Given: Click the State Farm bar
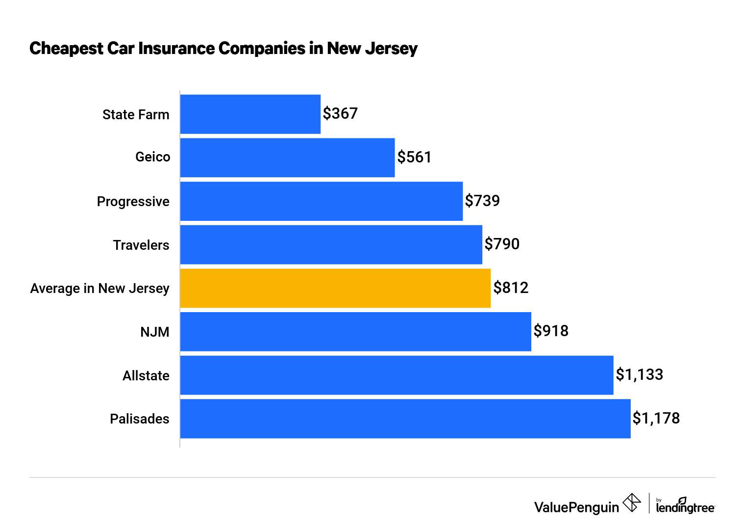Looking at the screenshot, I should coord(250,114).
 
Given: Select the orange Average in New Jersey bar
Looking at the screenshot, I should coord(335,288).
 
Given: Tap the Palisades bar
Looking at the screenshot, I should coord(405,419).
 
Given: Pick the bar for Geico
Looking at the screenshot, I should coord(287,158).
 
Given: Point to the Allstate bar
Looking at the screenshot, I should coord(397,375).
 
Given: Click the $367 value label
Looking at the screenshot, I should coord(340,113).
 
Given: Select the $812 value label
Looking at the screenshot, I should coord(511,288).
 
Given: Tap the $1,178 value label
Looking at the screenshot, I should coord(656,418).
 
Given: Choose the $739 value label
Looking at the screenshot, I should coord(482,201).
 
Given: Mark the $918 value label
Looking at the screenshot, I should coord(551,331).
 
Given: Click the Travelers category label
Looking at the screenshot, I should coord(141,245).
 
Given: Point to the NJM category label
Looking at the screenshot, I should coord(155,332).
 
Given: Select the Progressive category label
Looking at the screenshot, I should coord(133,202).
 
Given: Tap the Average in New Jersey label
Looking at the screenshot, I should coord(100,289).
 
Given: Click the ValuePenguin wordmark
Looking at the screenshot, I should coord(576,507).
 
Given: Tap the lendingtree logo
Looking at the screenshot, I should coord(685,506).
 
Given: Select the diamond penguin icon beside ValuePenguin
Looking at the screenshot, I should coord(631,503).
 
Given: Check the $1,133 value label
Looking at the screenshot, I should coord(639,374).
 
